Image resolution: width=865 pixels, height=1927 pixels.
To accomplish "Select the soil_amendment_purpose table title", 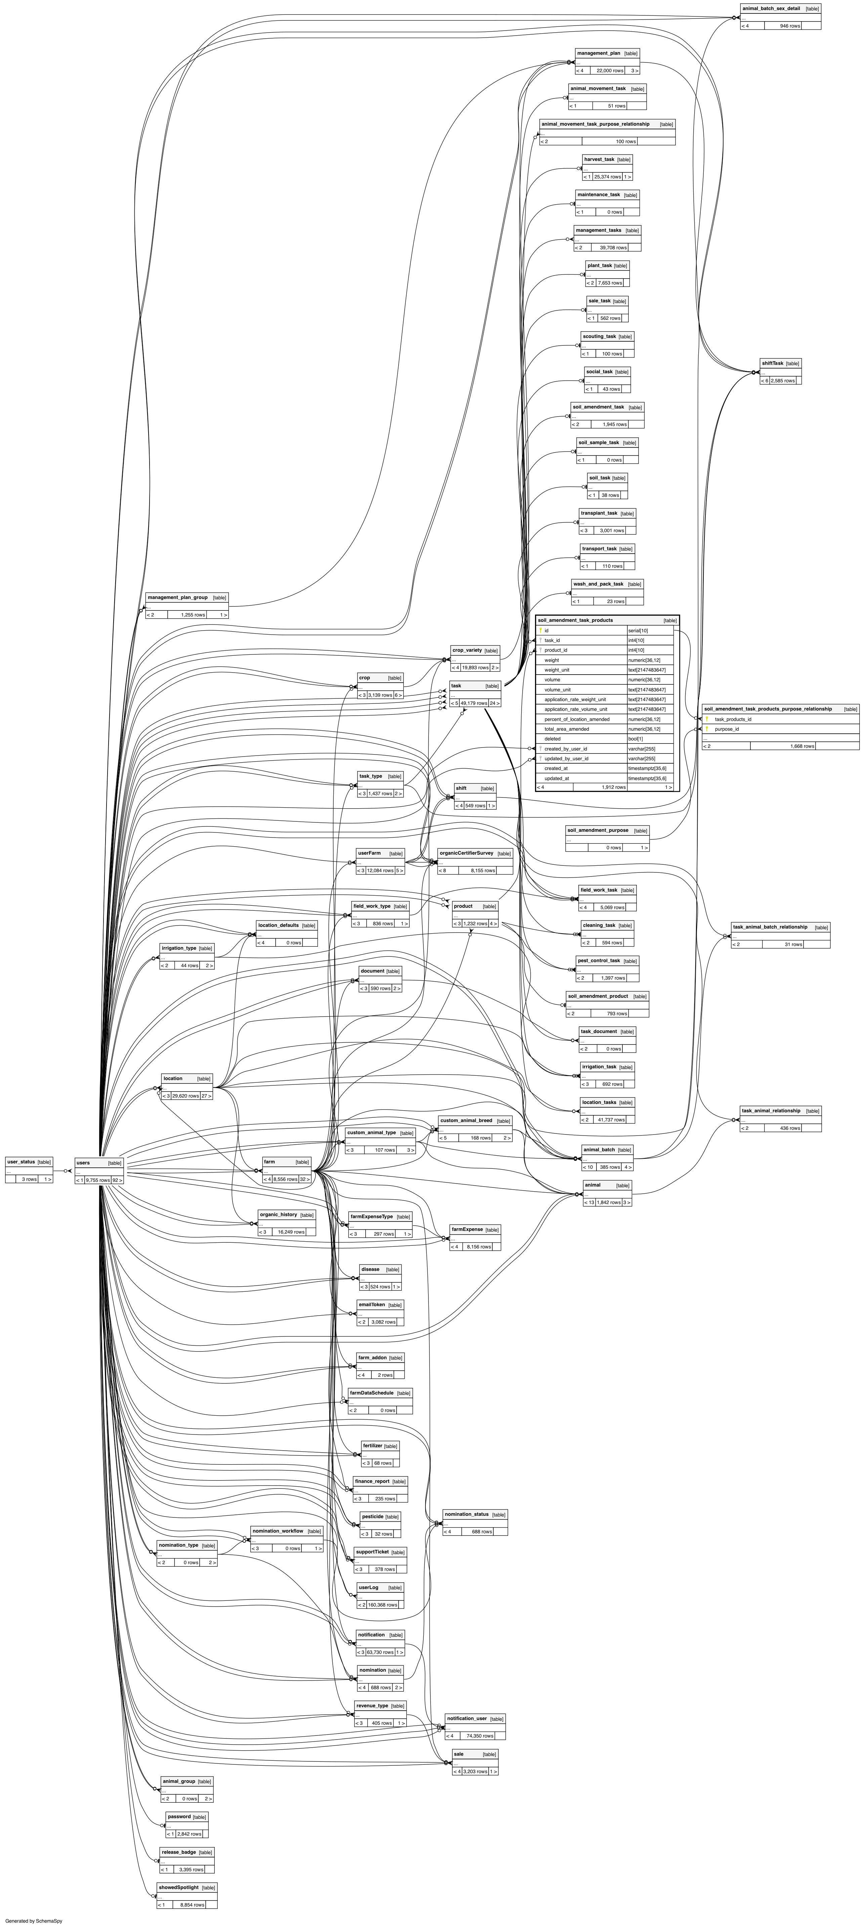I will (597, 830).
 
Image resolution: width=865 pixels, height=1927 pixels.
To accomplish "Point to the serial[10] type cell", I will (638, 631).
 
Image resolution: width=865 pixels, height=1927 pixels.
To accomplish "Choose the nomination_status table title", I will (466, 1514).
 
